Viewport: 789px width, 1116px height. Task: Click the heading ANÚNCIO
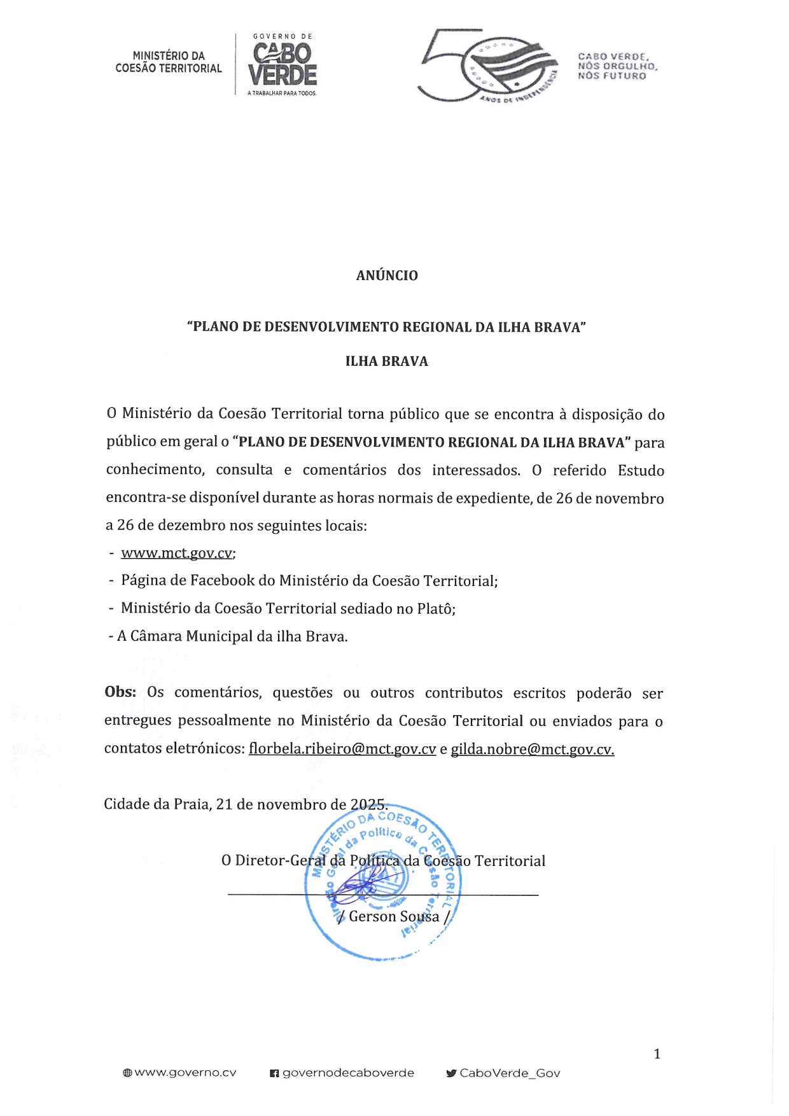coord(387,276)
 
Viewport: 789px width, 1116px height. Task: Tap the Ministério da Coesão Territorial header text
coord(169,62)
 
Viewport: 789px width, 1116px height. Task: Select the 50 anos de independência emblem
coord(487,66)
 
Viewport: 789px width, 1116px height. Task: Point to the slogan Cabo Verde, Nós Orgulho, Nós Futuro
coord(617,66)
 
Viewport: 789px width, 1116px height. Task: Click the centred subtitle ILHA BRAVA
coord(387,361)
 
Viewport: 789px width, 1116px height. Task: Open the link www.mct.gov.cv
coord(177,553)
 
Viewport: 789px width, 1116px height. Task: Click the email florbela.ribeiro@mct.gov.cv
coord(342,749)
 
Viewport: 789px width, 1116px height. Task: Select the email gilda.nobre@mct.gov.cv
coord(532,749)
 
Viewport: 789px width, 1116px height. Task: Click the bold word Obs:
coord(120,692)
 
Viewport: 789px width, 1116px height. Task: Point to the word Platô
coord(436,608)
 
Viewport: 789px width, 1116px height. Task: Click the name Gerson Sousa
coord(394,916)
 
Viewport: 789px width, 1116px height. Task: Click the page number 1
coord(657,1054)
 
